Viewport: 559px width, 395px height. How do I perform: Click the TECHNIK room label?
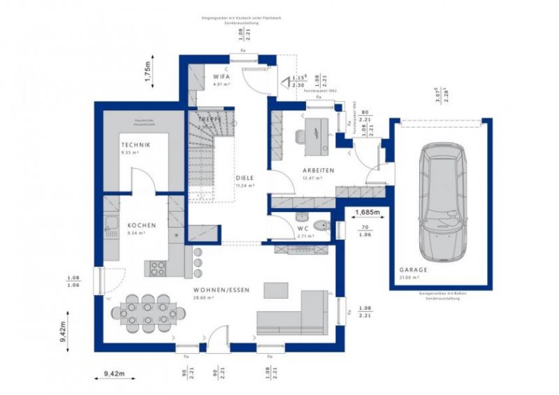135,144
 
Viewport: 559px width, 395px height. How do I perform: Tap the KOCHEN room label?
141,226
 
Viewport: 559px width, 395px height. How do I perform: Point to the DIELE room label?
245,177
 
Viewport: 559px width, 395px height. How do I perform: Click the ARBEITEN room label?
318,170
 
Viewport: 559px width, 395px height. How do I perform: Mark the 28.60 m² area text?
204,297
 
